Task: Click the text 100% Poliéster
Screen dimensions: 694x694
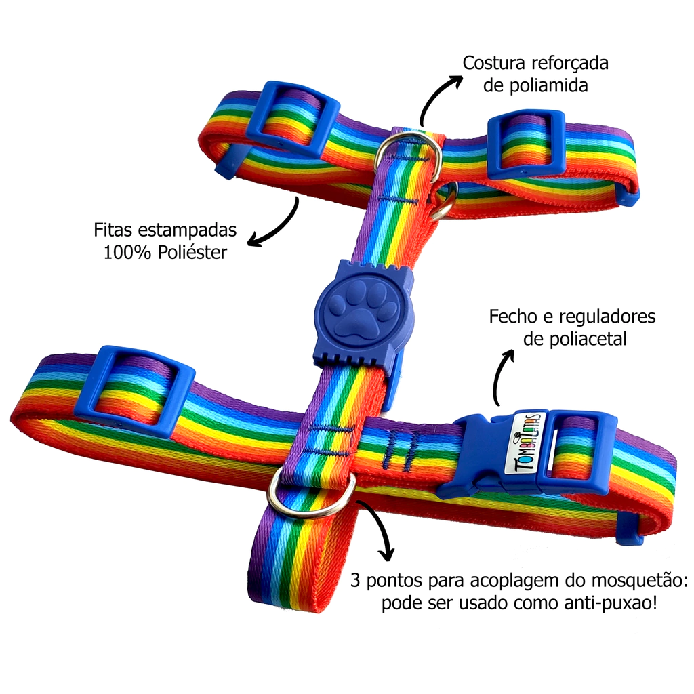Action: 165,252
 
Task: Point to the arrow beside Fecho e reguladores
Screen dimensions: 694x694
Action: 502,376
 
